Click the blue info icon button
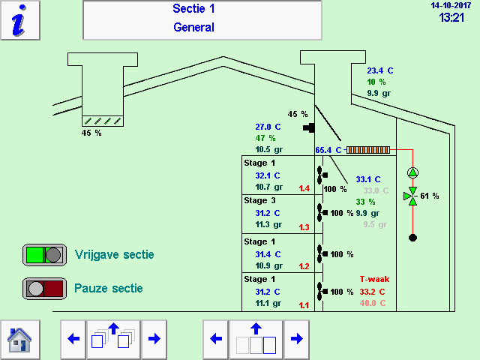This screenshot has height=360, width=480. [21, 20]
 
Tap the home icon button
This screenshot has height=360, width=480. [19, 339]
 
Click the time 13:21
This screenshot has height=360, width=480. [452, 17]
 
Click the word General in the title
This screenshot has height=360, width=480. [193, 28]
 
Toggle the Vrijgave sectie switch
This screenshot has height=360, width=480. [43, 254]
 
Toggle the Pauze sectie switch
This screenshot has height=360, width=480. [43, 288]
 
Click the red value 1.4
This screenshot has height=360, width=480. [304, 188]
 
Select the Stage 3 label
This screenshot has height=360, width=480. [260, 200]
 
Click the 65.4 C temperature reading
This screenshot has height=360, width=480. [328, 150]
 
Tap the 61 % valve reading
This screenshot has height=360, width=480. [430, 196]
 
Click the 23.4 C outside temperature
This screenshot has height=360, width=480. [379, 70]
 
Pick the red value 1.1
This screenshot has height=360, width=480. [304, 305]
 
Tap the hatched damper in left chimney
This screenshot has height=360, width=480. [102, 120]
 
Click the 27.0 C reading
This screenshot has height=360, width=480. [268, 127]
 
